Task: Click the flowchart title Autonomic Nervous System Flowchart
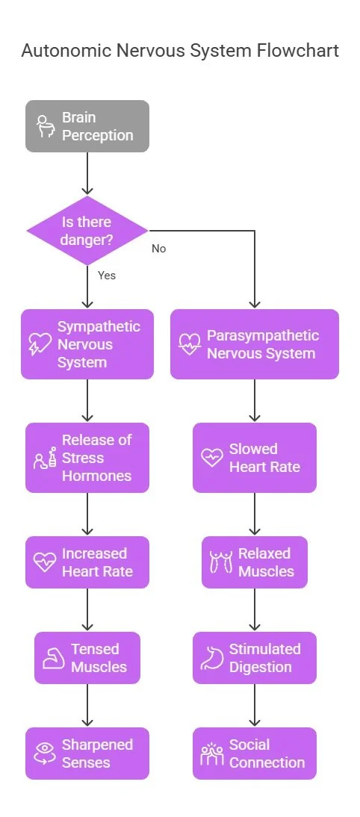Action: coord(179,51)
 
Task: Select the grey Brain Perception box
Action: coord(87,126)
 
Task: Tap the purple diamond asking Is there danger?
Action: coord(87,231)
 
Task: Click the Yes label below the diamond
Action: coord(107,275)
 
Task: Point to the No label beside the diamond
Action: coord(158,248)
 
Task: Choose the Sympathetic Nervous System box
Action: coord(87,344)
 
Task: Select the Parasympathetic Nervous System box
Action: coord(254,344)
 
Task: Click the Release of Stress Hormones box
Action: coord(87,458)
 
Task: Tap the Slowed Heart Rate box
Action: coord(254,458)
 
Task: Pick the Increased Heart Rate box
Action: coord(87,562)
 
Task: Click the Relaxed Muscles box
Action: coord(254,562)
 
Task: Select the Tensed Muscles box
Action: coord(87,658)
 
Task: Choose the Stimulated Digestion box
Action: coord(254,658)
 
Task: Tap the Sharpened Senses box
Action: coord(87,754)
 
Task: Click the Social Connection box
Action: coord(254,754)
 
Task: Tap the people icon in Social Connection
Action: coord(212,754)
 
